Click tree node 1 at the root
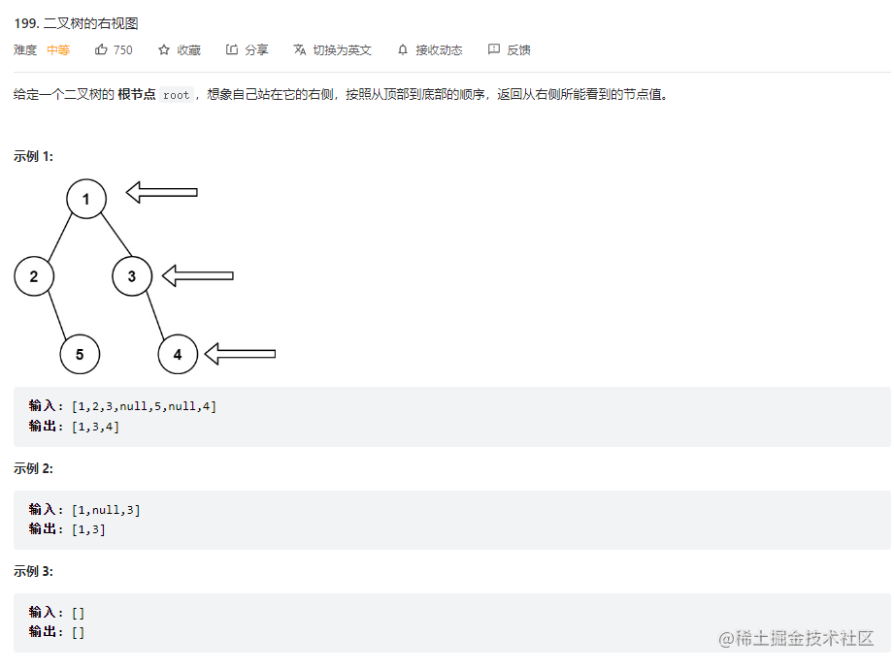coord(86,199)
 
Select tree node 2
coord(34,277)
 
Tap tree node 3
coord(132,277)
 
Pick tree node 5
coord(80,354)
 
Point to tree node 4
coord(178,354)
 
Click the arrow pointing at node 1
coord(162,192)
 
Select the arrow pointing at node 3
coord(198,275)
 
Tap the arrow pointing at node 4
coord(241,353)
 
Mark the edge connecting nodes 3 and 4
coord(154,315)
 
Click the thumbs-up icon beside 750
coord(101,49)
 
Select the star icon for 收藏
coord(164,49)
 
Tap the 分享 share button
coord(248,49)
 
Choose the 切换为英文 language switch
coord(333,49)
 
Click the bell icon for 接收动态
coord(404,49)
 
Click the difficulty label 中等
coord(58,49)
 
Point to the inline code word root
coord(177,95)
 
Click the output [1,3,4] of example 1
coord(95,427)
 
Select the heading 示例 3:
coord(34,572)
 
